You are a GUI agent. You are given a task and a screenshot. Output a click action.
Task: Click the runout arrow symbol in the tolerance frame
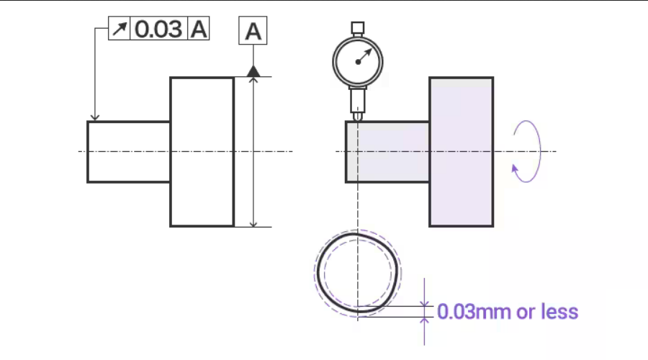coord(120,30)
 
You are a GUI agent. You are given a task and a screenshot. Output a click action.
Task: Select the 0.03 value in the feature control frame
coord(158,30)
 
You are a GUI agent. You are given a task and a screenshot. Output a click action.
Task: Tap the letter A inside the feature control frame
coord(198,30)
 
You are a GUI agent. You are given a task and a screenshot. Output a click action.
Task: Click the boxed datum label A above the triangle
coord(253,32)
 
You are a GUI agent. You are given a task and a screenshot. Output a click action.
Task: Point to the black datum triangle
coord(253,71)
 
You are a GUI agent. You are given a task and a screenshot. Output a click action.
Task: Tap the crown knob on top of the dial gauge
coord(358,28)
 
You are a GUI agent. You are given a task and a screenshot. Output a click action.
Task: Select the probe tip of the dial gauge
coord(358,116)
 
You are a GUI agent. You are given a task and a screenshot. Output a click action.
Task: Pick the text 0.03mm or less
coord(508,312)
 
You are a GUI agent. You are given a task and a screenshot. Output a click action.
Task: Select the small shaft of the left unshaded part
coord(128,152)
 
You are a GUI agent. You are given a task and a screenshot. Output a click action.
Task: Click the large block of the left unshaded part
coord(202,152)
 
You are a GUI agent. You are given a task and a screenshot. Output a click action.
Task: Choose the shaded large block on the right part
coord(461,152)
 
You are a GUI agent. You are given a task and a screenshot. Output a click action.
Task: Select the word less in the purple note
coord(562,312)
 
